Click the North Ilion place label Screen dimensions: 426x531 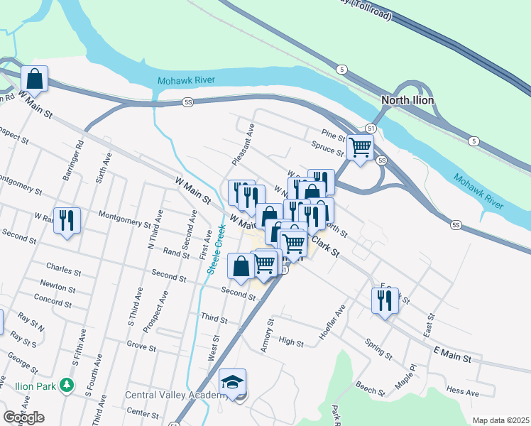click(x=408, y=100)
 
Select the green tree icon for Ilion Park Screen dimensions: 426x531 click(x=67, y=385)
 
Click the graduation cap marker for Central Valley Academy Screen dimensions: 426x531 click(x=232, y=383)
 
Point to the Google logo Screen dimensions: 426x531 click(x=23, y=417)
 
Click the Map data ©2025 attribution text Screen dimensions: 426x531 click(x=500, y=420)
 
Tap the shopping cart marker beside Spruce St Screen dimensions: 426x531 click(x=360, y=148)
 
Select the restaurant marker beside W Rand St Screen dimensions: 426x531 click(x=67, y=220)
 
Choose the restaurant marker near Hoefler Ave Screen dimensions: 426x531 click(x=384, y=300)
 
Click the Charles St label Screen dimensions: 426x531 click(x=60, y=268)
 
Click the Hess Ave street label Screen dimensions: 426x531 click(x=463, y=391)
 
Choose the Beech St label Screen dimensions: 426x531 click(x=370, y=388)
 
